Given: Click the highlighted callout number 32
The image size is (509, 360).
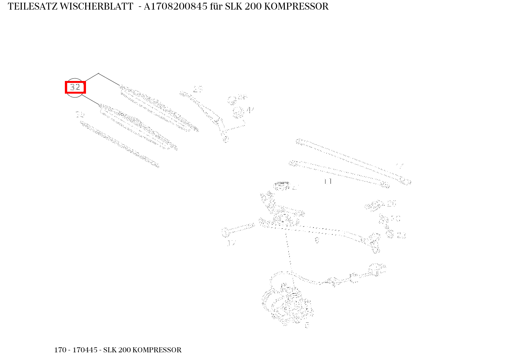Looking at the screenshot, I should pos(75,87).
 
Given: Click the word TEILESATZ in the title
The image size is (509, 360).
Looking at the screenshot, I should pos(32,7).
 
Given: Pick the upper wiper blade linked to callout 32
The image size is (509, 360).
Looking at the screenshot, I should pos(159,108).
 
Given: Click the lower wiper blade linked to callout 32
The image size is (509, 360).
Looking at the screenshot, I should pos(138,127).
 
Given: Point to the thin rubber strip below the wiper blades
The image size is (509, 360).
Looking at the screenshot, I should pos(119,144).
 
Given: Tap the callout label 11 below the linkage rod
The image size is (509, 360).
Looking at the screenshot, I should pos(328,182).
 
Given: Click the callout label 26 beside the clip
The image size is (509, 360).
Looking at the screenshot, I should pos(391,203).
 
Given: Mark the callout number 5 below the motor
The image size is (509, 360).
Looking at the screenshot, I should pos(307,325).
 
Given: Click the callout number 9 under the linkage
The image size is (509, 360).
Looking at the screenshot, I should pos(316,241).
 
